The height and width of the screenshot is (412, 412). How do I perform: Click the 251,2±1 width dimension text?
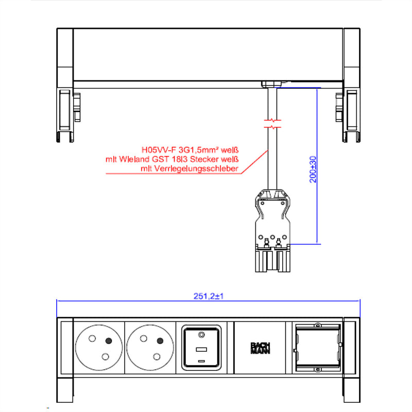[x=209, y=296]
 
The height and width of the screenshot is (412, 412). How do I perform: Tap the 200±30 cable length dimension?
[x=313, y=169]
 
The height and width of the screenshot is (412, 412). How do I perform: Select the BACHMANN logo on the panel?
[x=260, y=348]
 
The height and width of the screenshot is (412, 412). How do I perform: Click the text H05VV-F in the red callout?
[x=159, y=150]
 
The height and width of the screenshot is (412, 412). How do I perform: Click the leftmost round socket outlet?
[x=99, y=348]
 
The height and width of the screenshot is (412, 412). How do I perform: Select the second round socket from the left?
[x=150, y=348]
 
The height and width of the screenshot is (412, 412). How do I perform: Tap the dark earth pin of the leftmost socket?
[x=109, y=341]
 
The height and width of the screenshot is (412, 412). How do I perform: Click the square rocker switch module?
[x=201, y=348]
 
